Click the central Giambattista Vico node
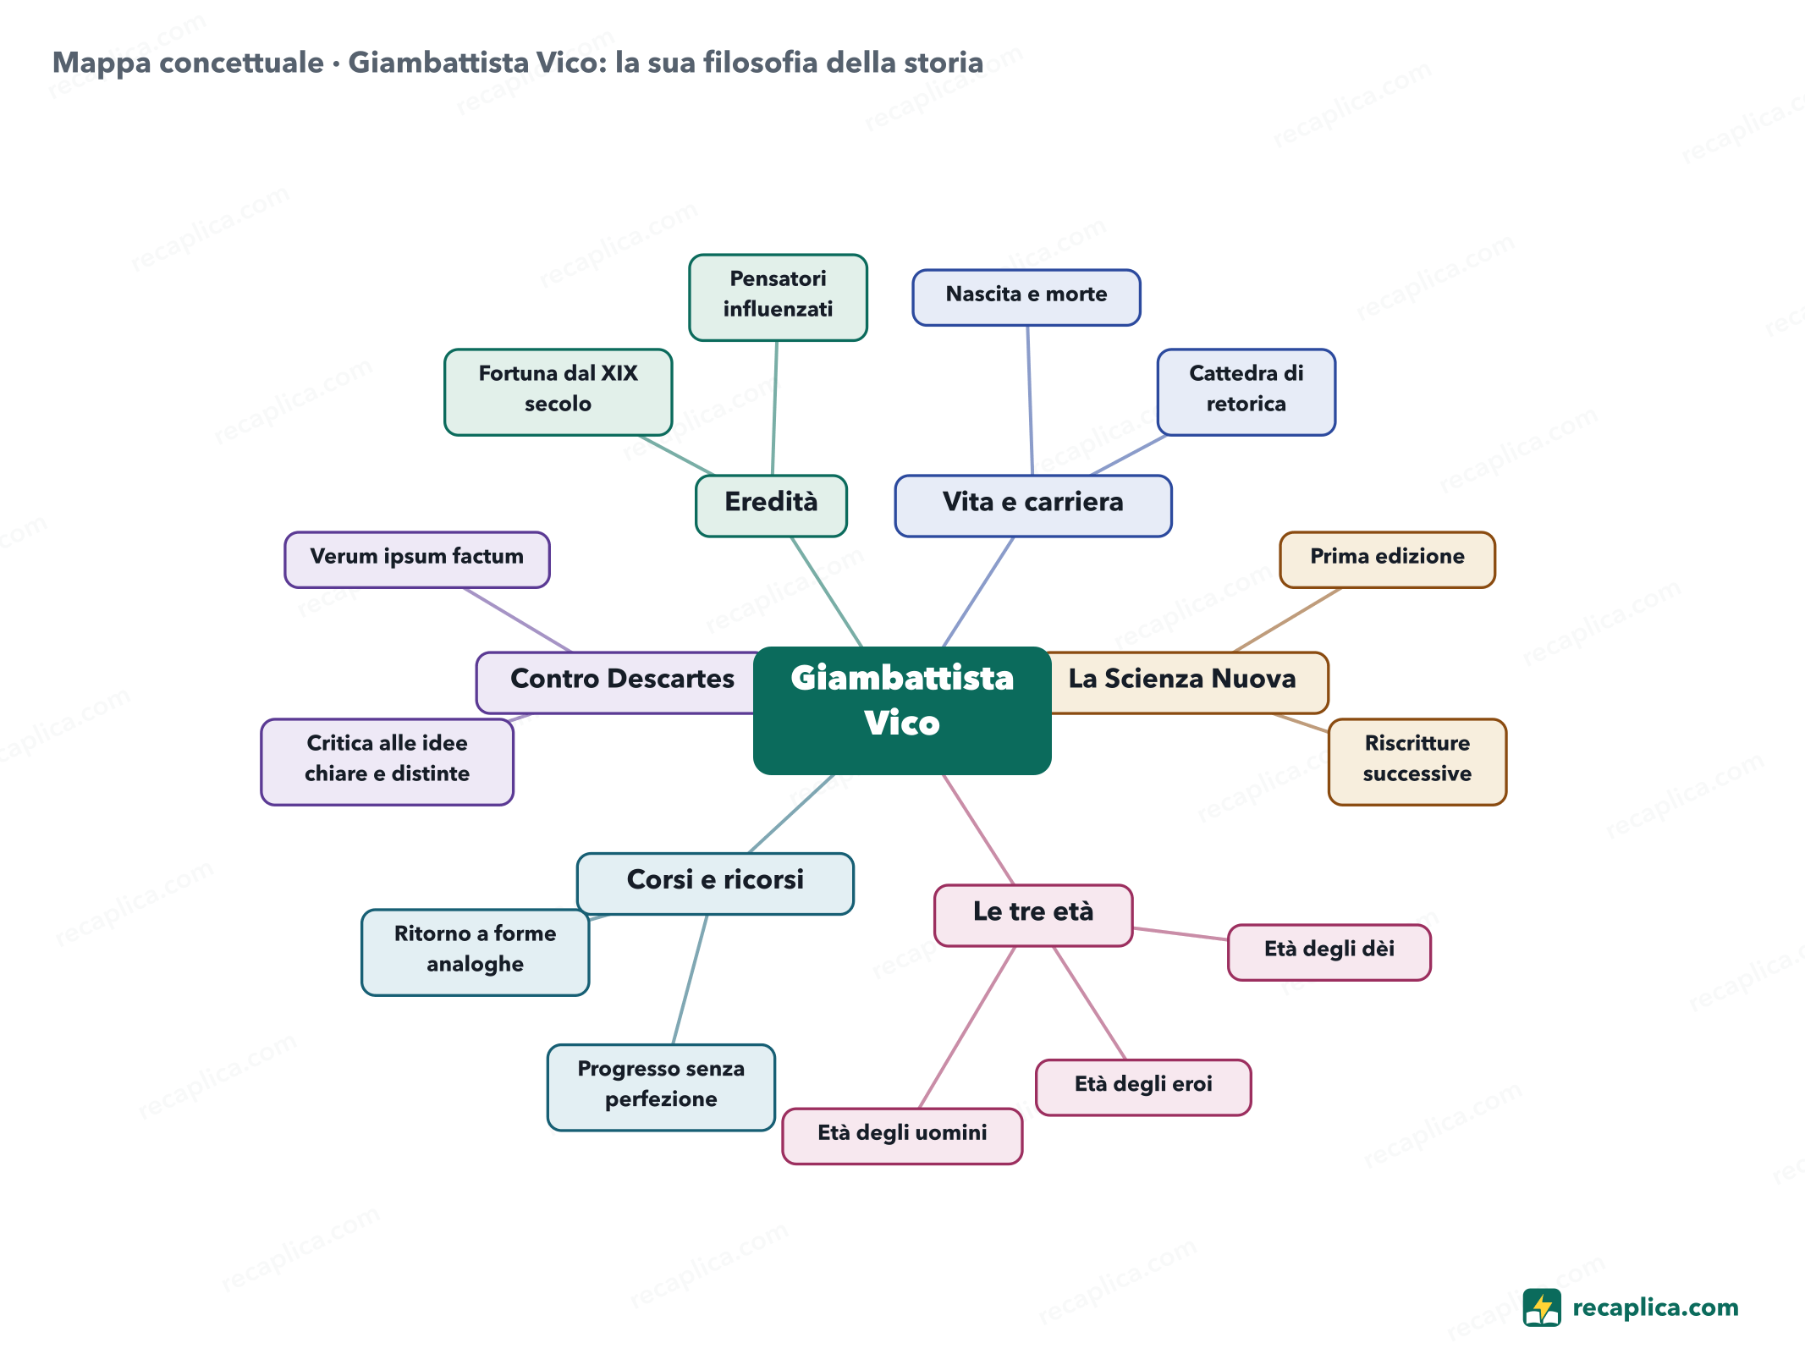(x=902, y=710)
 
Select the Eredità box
(x=771, y=505)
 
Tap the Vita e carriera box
(x=1033, y=505)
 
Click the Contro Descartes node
(x=617, y=682)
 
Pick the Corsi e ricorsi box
(x=715, y=883)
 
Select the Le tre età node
(x=1033, y=915)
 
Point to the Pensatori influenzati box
(x=778, y=297)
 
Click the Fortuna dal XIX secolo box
(x=558, y=392)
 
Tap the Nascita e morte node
(x=1026, y=297)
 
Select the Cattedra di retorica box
(x=1246, y=392)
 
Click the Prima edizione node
(x=1388, y=559)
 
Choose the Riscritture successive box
(x=1417, y=762)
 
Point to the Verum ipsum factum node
(x=417, y=559)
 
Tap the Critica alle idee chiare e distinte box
(x=387, y=762)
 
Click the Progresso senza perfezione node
(x=661, y=1087)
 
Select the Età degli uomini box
(x=902, y=1136)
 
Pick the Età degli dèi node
(x=1329, y=952)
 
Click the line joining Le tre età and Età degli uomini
(x=967, y=1027)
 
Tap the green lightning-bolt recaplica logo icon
(x=1542, y=1307)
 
